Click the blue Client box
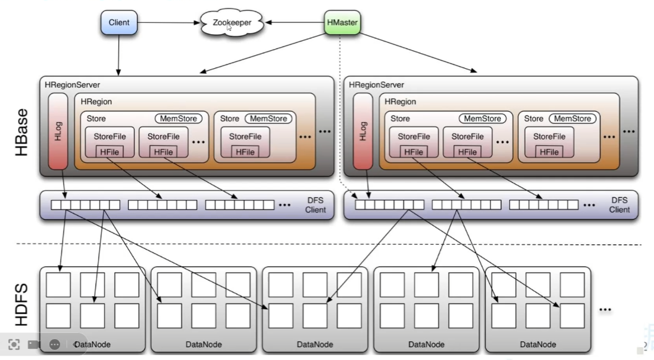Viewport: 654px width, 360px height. click(118, 23)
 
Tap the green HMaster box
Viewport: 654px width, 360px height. click(342, 23)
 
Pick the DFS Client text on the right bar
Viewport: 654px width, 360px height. click(619, 205)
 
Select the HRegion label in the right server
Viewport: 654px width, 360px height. click(400, 102)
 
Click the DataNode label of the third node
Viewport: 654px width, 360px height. click(315, 345)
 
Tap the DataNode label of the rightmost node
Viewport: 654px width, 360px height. click(537, 345)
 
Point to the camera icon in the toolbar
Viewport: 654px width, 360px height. click(33, 345)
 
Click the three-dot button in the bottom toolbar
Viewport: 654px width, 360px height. click(54, 345)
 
